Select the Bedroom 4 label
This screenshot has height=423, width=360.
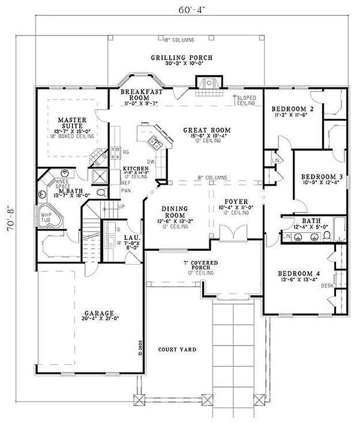[298, 274]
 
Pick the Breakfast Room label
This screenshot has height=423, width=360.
[139, 95]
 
